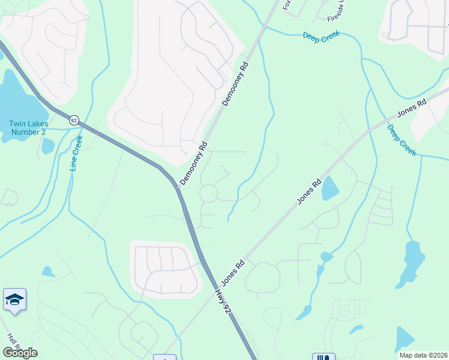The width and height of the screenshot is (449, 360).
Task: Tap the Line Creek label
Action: pos(76,154)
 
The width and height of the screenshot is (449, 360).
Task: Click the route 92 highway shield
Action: pos(73,120)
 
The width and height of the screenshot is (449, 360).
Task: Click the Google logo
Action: pos(20,352)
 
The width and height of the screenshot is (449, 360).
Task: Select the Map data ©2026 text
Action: pos(423,355)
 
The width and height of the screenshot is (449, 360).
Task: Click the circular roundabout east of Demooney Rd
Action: pos(208,193)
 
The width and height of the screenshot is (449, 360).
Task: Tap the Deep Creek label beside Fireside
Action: pos(321,35)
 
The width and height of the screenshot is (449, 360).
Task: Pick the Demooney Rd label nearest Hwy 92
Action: pos(193,163)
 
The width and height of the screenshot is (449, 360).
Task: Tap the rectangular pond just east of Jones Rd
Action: pos(330,190)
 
